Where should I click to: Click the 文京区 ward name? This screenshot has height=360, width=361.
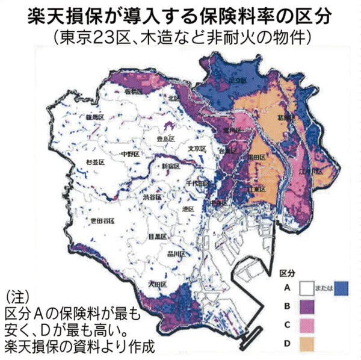coord(197,148)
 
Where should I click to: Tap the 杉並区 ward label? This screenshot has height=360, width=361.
coord(94,163)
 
